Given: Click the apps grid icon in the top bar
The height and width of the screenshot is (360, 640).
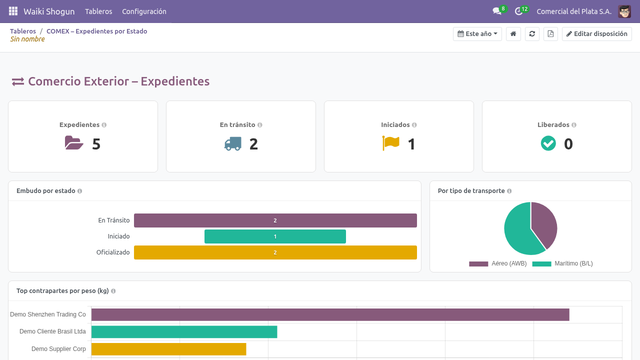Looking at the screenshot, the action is tap(13, 11).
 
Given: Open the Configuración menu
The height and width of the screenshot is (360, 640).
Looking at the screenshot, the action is tap(144, 11).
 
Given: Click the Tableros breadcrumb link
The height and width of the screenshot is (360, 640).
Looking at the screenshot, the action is tap(23, 31).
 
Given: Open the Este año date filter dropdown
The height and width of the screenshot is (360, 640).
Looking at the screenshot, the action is tap(477, 33).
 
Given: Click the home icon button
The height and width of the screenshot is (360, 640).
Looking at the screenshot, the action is tap(513, 33).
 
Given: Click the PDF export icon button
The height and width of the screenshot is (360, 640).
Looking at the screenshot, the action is tap(550, 33).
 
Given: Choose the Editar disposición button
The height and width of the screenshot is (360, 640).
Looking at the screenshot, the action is tap(596, 33).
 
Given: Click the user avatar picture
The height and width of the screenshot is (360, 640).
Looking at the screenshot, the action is tap(624, 11).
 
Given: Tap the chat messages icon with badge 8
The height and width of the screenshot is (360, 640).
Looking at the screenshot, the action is tap(497, 11).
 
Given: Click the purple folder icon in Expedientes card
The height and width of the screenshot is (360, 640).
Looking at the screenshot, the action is tap(74, 142).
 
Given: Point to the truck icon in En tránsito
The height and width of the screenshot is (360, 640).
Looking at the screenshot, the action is tap(233, 143).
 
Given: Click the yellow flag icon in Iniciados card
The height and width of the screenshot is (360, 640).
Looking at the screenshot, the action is tap(390, 143).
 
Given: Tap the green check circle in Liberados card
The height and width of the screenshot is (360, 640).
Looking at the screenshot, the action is tap(548, 143).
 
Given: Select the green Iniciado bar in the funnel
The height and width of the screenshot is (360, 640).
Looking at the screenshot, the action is tap(275, 236).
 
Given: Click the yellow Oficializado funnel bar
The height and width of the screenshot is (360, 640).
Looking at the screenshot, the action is tap(275, 252).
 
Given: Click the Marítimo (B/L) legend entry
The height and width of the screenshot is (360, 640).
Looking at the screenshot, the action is tap(562, 263).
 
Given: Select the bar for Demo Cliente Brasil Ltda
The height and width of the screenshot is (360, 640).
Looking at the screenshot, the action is tap(184, 332).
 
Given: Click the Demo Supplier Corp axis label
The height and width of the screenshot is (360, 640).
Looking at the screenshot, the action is tap(58, 349).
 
